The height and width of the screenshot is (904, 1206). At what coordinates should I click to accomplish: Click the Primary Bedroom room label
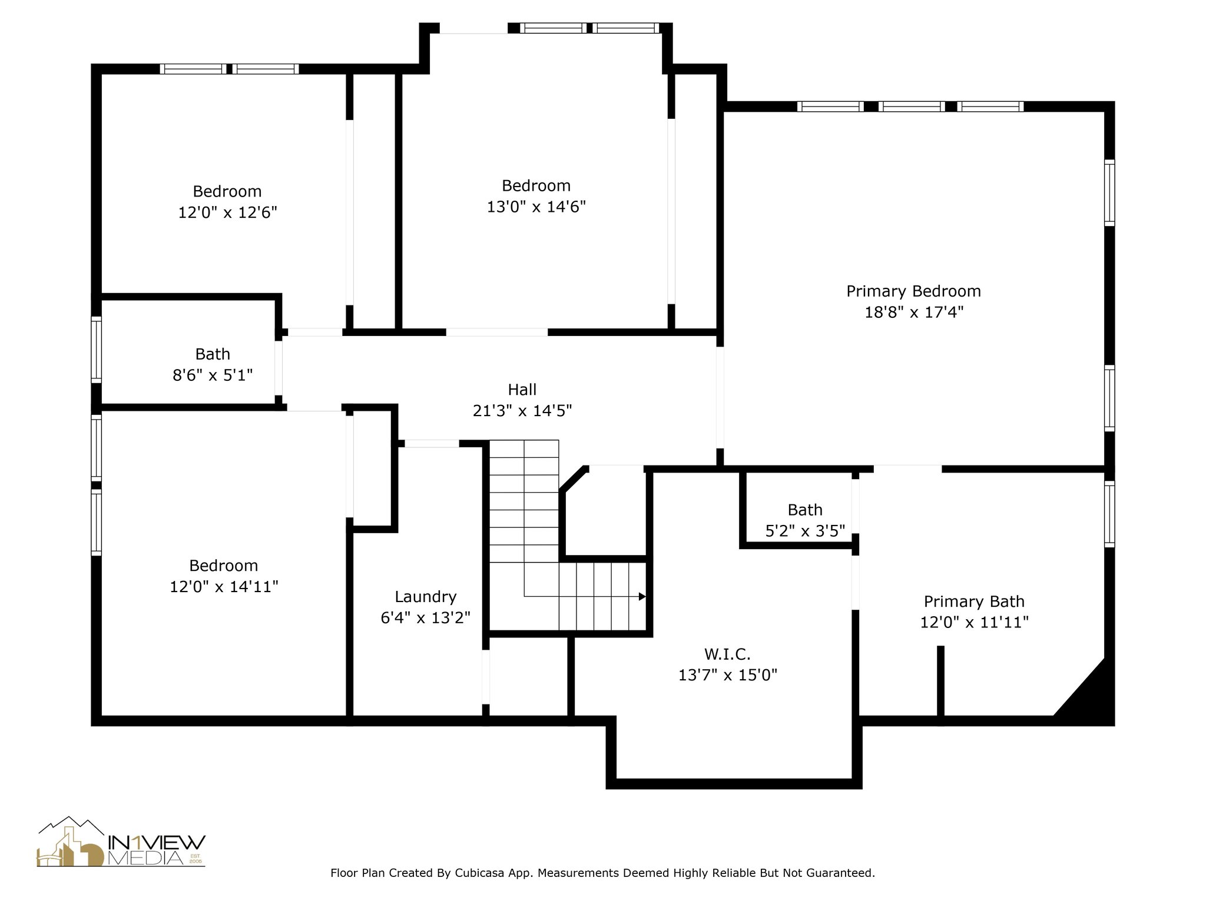(913, 291)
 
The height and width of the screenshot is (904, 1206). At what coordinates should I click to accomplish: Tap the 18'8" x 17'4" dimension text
(913, 312)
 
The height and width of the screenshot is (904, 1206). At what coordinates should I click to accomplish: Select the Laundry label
(426, 597)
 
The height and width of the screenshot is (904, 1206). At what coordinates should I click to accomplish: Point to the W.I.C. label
(727, 654)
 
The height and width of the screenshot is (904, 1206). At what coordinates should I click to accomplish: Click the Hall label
(522, 390)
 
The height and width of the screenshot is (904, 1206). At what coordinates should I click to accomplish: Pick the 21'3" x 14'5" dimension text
(522, 411)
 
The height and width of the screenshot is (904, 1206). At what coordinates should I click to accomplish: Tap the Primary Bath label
(974, 601)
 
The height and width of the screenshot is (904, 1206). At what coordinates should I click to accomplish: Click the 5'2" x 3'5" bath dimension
(805, 531)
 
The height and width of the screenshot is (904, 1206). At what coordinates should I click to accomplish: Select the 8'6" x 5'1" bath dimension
(213, 375)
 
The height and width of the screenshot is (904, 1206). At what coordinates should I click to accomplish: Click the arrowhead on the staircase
(642, 597)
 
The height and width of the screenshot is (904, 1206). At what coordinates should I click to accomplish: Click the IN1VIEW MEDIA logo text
(156, 849)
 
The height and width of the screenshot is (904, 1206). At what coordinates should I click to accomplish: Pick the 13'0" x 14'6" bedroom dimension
(536, 207)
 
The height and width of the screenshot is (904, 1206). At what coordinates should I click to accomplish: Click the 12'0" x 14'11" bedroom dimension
(224, 587)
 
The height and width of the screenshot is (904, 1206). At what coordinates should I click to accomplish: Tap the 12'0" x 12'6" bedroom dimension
(227, 212)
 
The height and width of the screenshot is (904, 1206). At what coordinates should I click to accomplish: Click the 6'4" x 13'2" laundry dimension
(426, 618)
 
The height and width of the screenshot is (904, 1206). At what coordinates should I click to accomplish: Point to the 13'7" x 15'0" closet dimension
(728, 675)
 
